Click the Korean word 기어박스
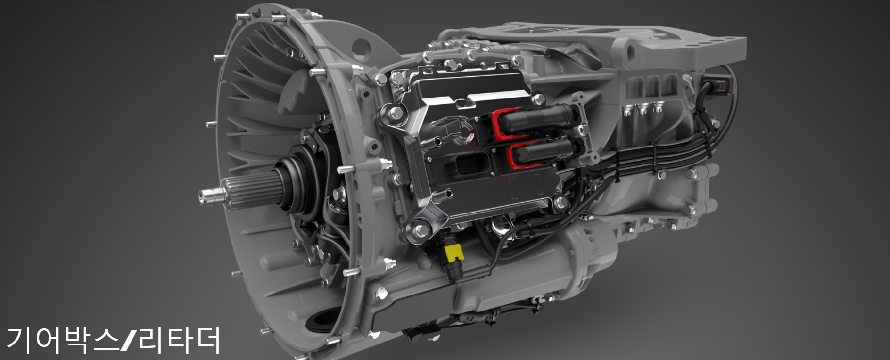tap(63, 339)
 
